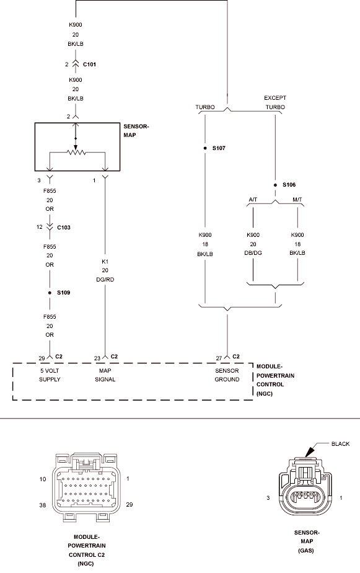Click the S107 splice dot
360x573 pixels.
205,148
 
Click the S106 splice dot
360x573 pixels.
275,185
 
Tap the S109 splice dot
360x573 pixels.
50,293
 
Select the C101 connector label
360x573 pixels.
89,64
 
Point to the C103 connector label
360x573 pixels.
64,228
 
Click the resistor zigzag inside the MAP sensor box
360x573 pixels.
76,152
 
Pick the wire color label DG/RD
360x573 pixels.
105,280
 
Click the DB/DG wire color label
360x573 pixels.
253,253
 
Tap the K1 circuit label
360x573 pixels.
105,262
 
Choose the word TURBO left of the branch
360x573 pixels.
205,107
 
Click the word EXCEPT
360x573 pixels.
275,98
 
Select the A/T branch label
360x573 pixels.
253,200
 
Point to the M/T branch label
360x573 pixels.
297,200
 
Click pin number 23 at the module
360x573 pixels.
97,358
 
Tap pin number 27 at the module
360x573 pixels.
219,358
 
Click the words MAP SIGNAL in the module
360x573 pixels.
105,375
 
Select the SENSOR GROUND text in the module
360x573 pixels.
227,375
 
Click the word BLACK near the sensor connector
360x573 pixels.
340,443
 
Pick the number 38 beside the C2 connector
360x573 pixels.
43,505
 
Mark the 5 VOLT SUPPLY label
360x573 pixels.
50,375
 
